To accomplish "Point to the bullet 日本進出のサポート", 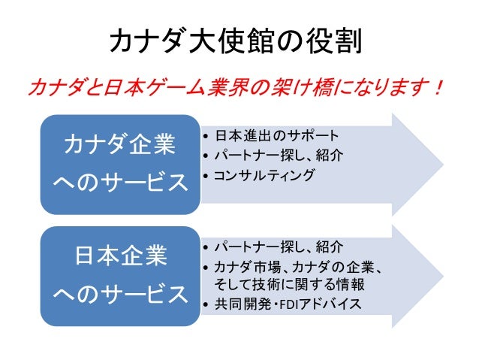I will (x=276, y=136).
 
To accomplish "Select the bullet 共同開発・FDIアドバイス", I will (x=287, y=304).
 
